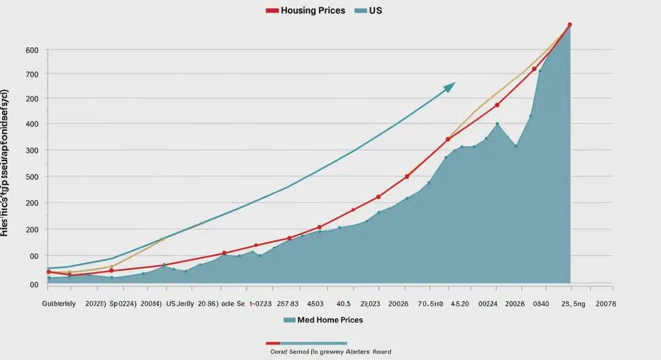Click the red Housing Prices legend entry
click(x=306, y=10)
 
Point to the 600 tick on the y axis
click(x=32, y=50)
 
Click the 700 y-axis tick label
click(x=32, y=74)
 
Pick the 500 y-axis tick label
click(x=32, y=177)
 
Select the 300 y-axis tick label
click(x=32, y=150)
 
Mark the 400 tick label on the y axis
click(x=32, y=124)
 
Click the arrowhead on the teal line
click(x=451, y=86)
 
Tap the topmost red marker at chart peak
click(x=570, y=25)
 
